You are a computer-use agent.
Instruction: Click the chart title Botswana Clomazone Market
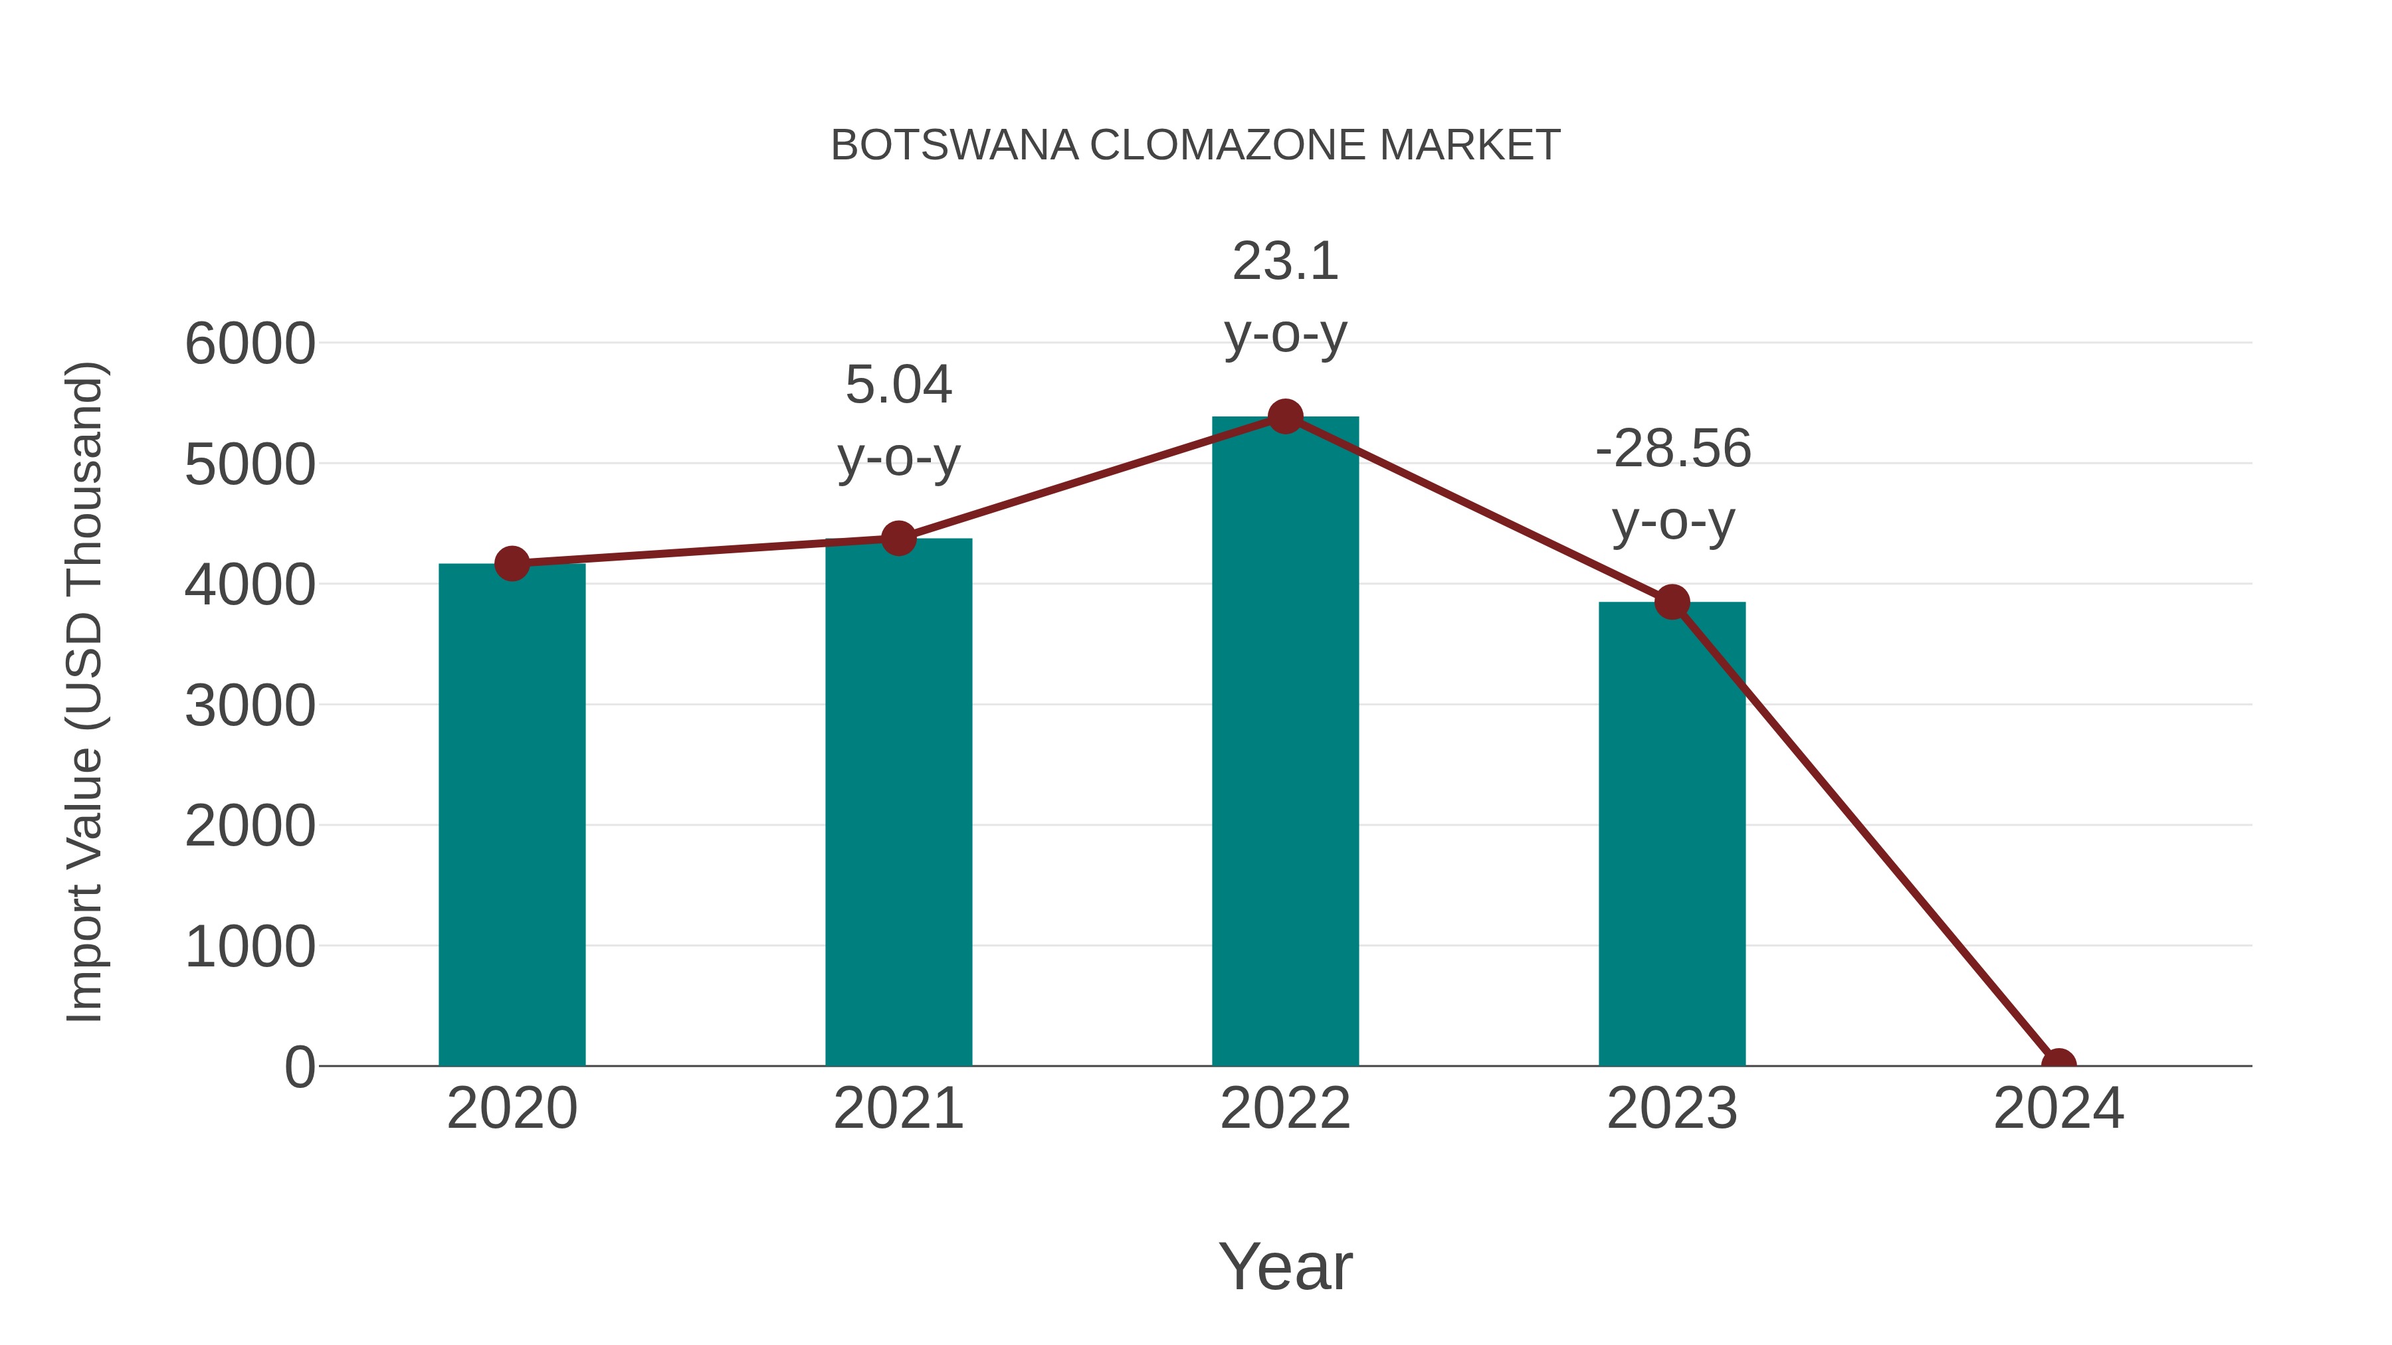(1195, 145)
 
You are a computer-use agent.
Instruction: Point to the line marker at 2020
(512, 563)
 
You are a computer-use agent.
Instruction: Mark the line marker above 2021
(898, 539)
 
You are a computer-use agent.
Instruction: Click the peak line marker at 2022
(1285, 416)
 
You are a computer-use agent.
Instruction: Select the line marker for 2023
(1672, 602)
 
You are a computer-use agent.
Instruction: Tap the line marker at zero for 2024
(2058, 1064)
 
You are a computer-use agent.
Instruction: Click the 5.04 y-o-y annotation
(898, 420)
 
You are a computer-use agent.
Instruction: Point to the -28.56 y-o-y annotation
(1672, 485)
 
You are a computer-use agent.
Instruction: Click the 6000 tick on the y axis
(250, 344)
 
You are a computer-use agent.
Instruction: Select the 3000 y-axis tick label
(250, 707)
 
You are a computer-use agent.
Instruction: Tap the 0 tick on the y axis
(300, 1067)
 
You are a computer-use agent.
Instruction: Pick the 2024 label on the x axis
(2058, 1109)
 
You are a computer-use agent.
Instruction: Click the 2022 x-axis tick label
(1285, 1109)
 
